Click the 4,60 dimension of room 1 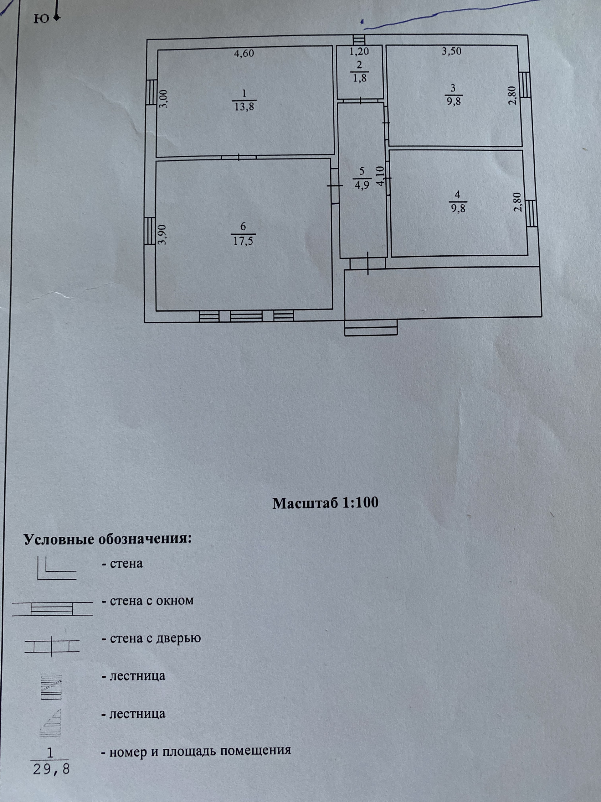tap(244, 54)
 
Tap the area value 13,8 tap(244, 107)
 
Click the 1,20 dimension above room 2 tap(359, 52)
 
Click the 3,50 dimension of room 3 tap(451, 51)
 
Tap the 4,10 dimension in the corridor tap(380, 176)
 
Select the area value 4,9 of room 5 tap(362, 185)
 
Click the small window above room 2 tap(359, 39)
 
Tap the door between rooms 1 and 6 tap(239, 157)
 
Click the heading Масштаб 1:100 tap(325, 503)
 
